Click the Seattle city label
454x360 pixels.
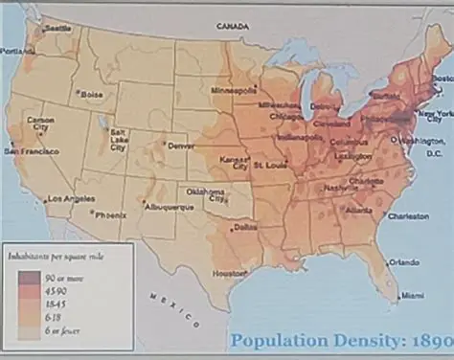tap(57, 29)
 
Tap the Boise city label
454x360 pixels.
tap(92, 95)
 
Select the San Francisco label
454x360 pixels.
tap(32, 151)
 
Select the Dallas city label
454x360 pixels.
tap(244, 227)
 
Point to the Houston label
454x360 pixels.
tap(230, 273)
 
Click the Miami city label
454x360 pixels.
tap(412, 295)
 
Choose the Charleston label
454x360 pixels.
tap(410, 216)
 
